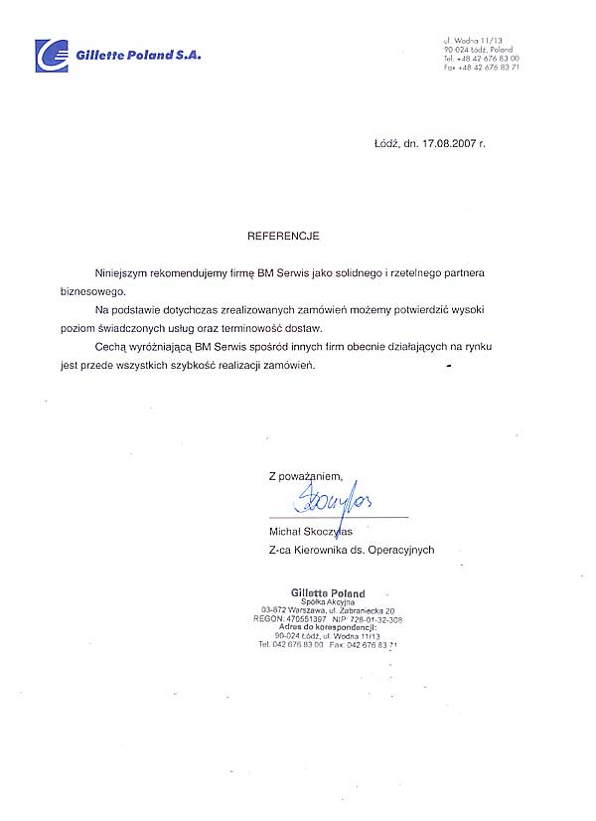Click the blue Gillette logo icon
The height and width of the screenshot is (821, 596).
[53, 56]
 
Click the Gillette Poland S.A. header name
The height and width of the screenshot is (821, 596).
[138, 57]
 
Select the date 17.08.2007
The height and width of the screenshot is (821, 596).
[448, 143]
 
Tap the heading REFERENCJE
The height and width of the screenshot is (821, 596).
[283, 239]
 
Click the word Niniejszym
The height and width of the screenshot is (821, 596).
[120, 271]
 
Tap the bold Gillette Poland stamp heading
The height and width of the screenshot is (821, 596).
[328, 593]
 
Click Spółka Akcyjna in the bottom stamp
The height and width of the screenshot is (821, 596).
[328, 603]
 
